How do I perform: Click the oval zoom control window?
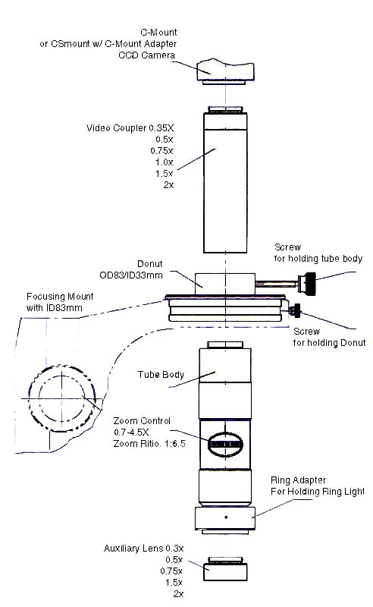(x=224, y=445)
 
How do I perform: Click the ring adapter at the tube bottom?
(x=224, y=518)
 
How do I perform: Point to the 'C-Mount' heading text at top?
(x=161, y=33)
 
